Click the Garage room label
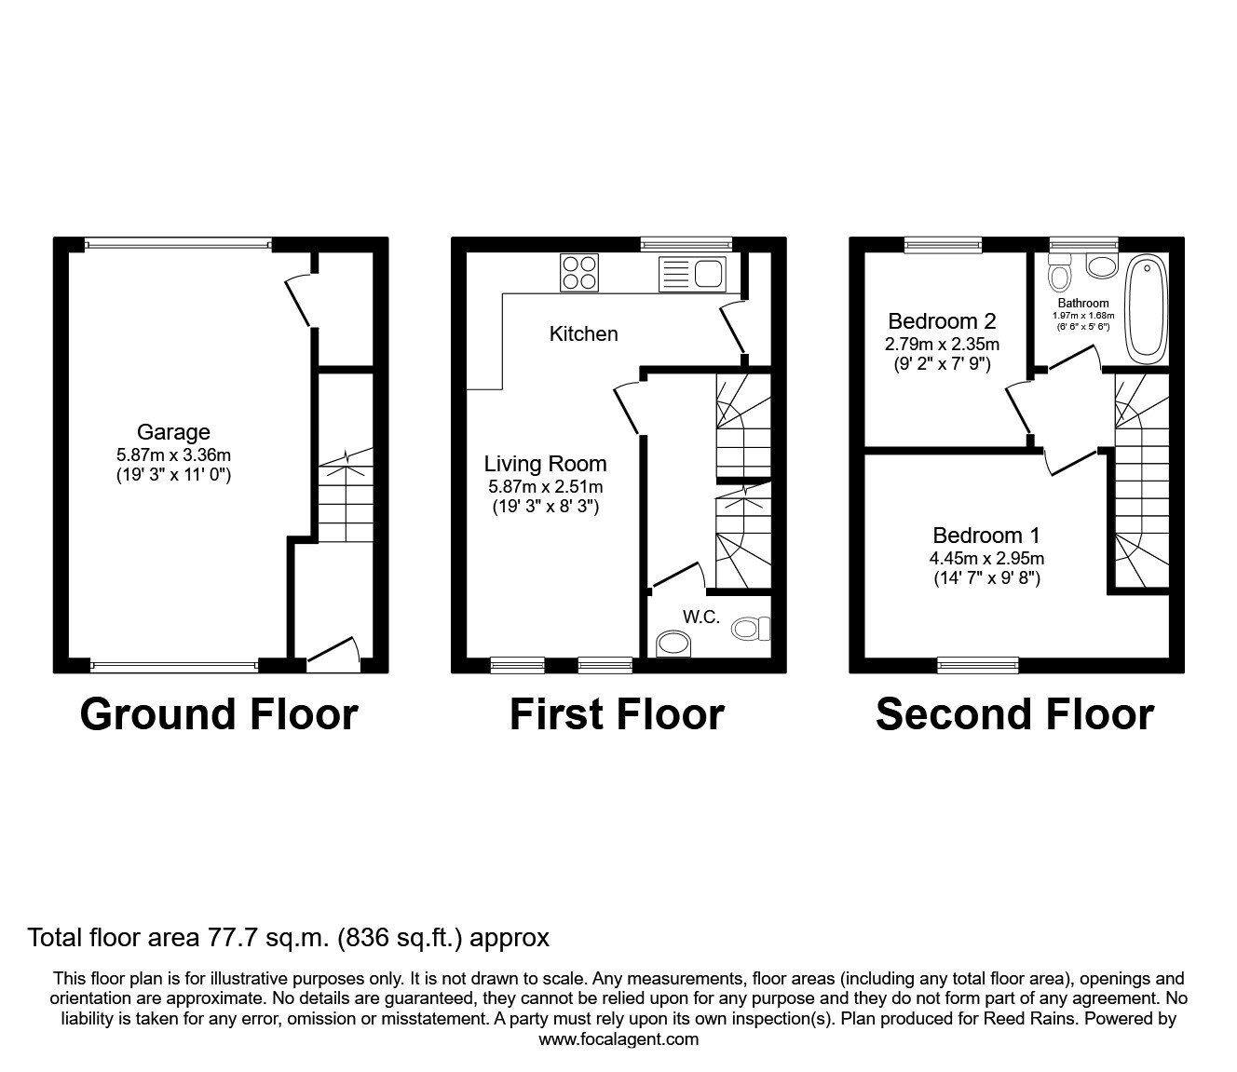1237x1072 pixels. click(173, 432)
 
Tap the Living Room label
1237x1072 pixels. click(545, 464)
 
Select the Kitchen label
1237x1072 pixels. click(583, 334)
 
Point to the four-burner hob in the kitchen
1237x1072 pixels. click(578, 273)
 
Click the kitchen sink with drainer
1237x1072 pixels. click(692, 274)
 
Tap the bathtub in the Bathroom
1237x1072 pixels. click(1146, 309)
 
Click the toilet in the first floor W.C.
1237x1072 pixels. click(751, 629)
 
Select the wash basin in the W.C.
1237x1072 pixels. click(673, 644)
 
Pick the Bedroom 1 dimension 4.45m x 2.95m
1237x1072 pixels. click(986, 559)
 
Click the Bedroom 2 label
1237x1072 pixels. click(942, 321)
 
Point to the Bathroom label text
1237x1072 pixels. click(1083, 304)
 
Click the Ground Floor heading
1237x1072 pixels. click(219, 714)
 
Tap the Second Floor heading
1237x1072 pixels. click(1015, 714)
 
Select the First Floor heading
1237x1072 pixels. click(617, 714)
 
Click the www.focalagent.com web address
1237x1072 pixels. click(618, 1039)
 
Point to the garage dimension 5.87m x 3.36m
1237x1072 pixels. click(173, 455)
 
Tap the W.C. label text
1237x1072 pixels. click(701, 617)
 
